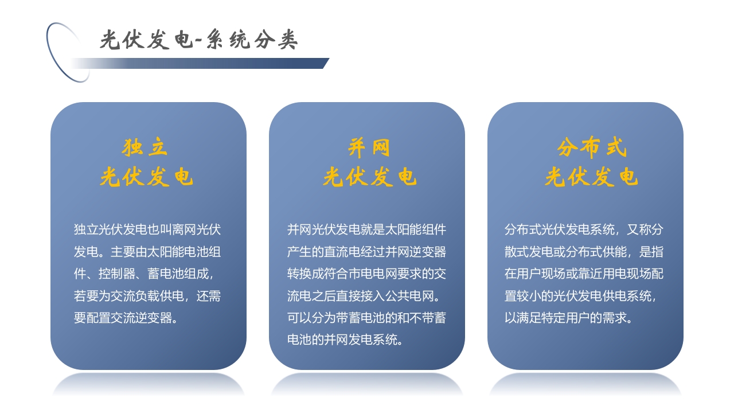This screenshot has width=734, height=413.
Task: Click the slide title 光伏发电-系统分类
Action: point(198,40)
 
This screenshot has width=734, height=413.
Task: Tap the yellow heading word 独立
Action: point(145,147)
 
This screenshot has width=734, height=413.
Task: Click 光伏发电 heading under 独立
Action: point(147,177)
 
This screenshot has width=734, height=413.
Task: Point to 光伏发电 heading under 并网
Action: point(369,177)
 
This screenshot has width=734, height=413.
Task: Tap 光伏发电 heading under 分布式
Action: point(591,177)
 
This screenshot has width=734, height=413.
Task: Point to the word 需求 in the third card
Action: point(614,318)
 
